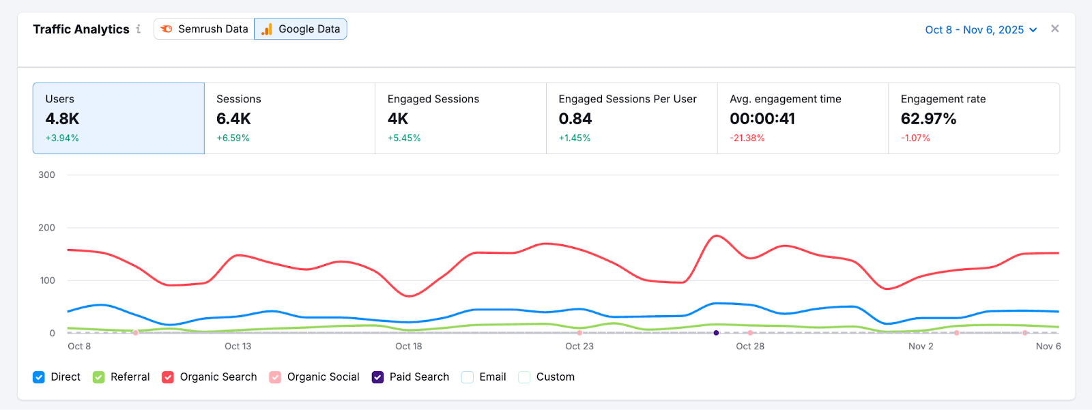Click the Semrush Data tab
[204, 29]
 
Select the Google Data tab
[300, 29]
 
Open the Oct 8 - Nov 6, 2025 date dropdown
[981, 30]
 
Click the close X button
[1055, 29]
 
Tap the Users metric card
[118, 118]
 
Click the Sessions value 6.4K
[233, 119]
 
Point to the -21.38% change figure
[747, 138]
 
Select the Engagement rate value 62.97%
[928, 119]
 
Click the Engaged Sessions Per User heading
[627, 99]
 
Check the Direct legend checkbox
[39, 377]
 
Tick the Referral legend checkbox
[99, 377]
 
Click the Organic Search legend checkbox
[168, 377]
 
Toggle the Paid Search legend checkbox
[377, 377]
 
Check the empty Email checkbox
[468, 377]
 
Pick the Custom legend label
[555, 377]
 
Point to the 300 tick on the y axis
[46, 175]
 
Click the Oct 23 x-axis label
[579, 347]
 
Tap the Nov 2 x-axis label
[921, 347]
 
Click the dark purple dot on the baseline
[716, 333]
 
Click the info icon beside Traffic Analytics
[139, 29]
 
